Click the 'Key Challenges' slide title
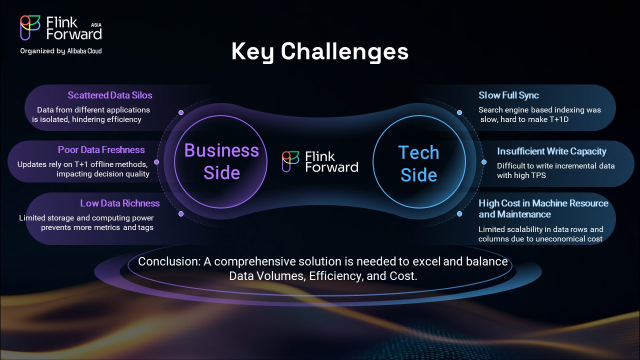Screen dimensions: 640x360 point(319,51)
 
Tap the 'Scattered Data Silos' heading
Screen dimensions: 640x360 point(110,95)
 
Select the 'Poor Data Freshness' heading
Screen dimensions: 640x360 point(101,149)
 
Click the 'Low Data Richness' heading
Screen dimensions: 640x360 point(119,203)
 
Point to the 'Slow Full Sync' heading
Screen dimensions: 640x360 point(508,95)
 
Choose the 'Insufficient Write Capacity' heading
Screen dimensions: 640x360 point(551,151)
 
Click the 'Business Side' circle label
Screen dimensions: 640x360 point(221,161)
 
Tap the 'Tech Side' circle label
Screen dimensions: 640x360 point(419,163)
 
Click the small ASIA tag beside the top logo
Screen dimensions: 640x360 point(96,25)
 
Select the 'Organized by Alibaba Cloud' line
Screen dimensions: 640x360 point(61,51)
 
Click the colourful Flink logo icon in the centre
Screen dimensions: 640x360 point(290,161)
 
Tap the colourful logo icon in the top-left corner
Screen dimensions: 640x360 point(30,27)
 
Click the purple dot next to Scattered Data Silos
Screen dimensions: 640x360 point(181,112)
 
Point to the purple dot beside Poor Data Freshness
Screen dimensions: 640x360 point(156,162)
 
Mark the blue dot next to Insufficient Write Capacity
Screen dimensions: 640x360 point(484,162)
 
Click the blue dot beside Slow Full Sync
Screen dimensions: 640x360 point(459,112)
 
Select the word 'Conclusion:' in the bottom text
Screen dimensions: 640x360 point(169,261)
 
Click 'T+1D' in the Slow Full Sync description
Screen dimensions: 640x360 point(559,119)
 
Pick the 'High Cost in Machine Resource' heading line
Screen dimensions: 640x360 point(543,203)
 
